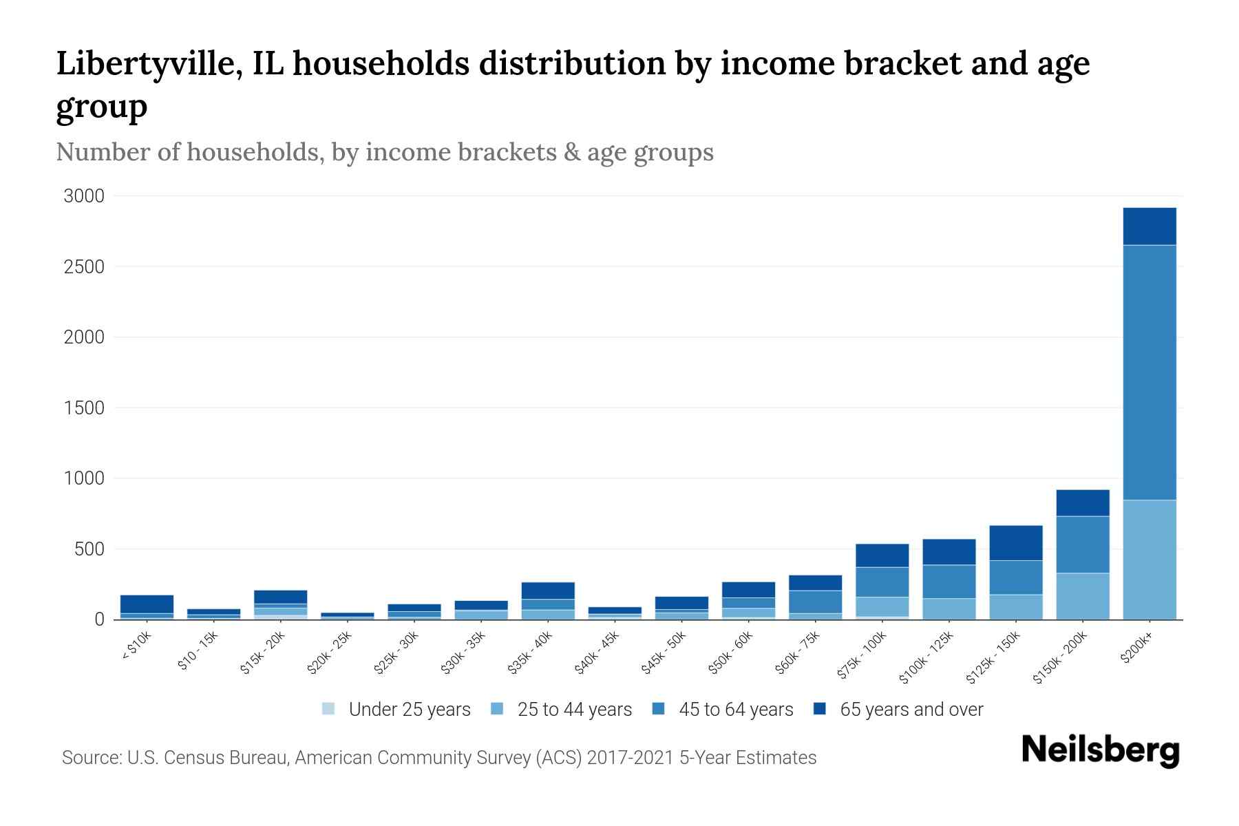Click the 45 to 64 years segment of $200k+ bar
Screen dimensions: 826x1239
coord(1149,372)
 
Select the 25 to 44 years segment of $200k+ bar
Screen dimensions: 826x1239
coord(1149,559)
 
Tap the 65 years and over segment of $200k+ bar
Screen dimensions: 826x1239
coord(1149,226)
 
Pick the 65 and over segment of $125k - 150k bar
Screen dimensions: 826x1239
coord(1015,542)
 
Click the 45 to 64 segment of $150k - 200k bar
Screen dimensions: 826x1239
coord(1082,544)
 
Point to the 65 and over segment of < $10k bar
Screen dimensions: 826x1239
coord(147,604)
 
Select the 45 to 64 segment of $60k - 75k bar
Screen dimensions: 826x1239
coord(815,602)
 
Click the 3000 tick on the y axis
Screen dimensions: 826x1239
coord(84,196)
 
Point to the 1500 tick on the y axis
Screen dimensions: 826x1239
coord(84,408)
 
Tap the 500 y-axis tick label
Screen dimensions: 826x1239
coord(89,549)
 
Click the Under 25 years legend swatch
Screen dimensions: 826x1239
coord(328,708)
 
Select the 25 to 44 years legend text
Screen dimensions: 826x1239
coord(575,709)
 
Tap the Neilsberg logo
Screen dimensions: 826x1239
coord(1100,750)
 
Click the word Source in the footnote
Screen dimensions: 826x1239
coord(92,758)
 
